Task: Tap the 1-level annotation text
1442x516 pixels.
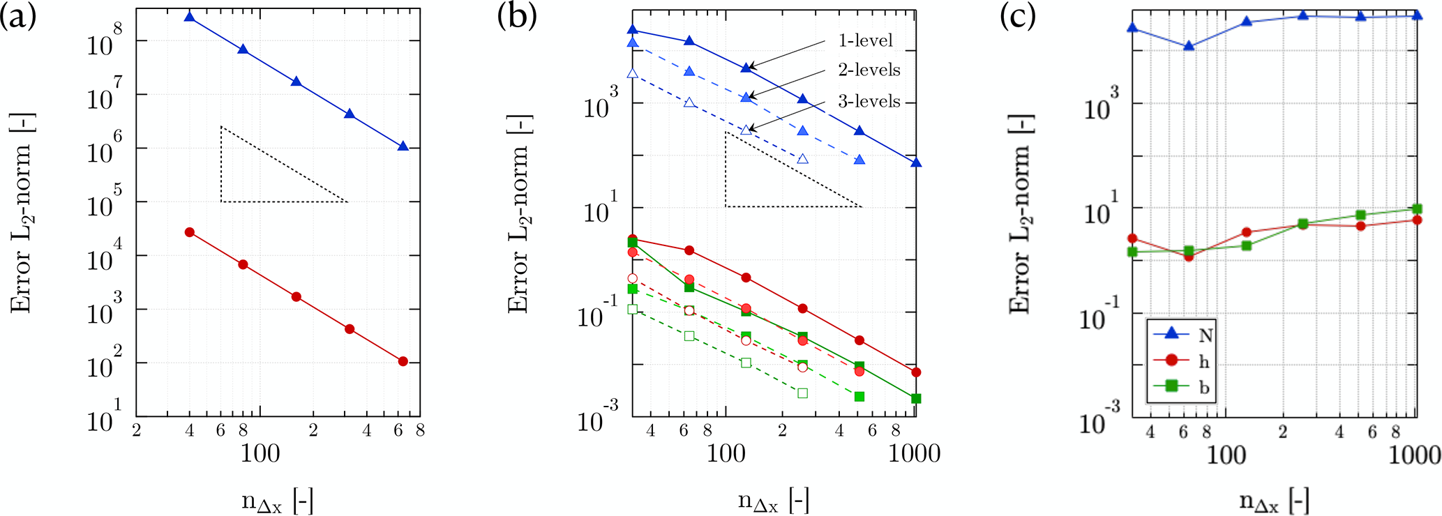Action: click(x=865, y=40)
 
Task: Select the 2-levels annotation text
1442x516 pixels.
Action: click(x=869, y=70)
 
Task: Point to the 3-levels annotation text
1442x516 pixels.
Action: click(x=869, y=101)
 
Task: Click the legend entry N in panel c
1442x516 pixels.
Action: click(x=1206, y=335)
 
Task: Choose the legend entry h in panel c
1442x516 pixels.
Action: click(x=1204, y=361)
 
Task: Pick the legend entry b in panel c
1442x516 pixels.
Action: click(x=1204, y=387)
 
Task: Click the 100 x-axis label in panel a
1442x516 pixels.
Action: click(x=260, y=454)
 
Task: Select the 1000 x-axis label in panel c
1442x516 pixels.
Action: click(x=1413, y=455)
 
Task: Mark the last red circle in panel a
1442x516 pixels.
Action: click(x=403, y=361)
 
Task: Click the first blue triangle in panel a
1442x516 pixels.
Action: click(x=189, y=16)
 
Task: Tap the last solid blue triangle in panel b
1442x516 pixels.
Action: click(x=916, y=162)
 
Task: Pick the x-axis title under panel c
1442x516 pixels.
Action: click(x=1274, y=501)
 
